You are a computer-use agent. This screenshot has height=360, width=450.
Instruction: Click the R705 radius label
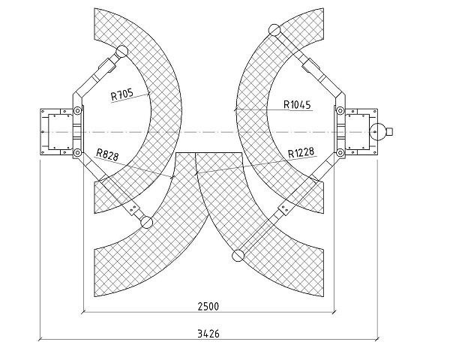pyautogui.click(x=122, y=94)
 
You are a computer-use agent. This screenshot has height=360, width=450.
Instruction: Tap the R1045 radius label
pyautogui.click(x=297, y=104)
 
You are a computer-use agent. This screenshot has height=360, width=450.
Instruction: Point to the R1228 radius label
pyautogui.click(x=301, y=152)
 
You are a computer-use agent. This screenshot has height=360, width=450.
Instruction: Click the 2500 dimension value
pyautogui.click(x=208, y=307)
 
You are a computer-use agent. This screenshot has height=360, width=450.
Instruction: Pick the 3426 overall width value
pyautogui.click(x=208, y=334)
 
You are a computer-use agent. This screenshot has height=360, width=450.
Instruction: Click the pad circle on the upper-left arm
pyautogui.click(x=121, y=52)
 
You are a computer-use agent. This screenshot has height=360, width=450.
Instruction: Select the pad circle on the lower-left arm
pyautogui.click(x=146, y=223)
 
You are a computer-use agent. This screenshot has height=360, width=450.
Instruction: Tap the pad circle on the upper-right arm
pyautogui.click(x=274, y=30)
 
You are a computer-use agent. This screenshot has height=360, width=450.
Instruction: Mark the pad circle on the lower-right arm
pyautogui.click(x=238, y=256)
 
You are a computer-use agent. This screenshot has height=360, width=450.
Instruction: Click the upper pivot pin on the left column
pyautogui.click(x=77, y=110)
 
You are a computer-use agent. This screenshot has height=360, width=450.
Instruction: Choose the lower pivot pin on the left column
pyautogui.click(x=77, y=152)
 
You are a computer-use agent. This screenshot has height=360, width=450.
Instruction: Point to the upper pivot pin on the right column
pyautogui.click(x=340, y=110)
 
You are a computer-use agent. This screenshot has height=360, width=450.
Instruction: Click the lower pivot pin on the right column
pyautogui.click(x=340, y=152)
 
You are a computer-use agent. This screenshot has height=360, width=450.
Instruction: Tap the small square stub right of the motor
pyautogui.click(x=389, y=131)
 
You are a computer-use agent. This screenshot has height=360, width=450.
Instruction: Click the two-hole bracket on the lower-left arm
pyautogui.click(x=133, y=208)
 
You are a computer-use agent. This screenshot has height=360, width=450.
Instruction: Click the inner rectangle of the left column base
pyautogui.click(x=60, y=132)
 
